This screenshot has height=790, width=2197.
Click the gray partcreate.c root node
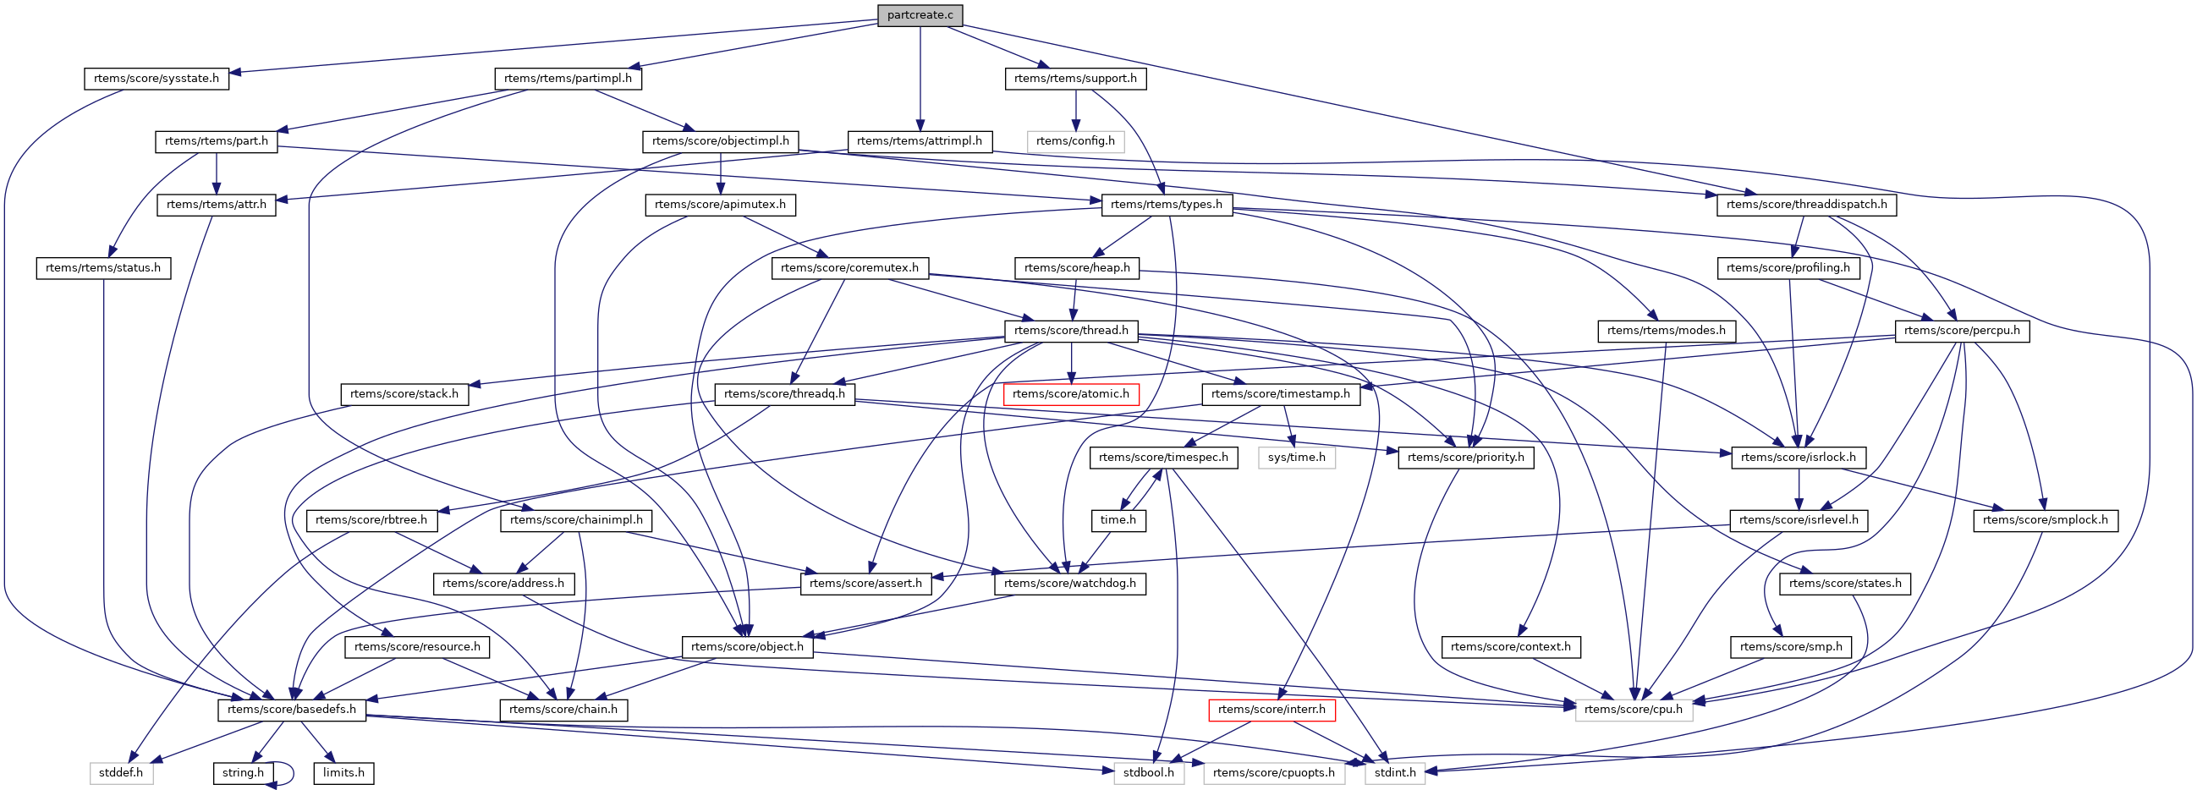(x=920, y=15)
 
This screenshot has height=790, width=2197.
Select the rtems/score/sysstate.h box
(x=156, y=79)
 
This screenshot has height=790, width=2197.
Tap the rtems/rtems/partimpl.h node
(x=567, y=79)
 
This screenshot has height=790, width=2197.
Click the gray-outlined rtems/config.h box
(x=1074, y=140)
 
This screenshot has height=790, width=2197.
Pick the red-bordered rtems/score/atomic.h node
(x=1070, y=394)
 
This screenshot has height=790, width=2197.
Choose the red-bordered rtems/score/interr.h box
(x=1271, y=710)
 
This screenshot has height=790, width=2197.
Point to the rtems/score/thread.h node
(x=1070, y=331)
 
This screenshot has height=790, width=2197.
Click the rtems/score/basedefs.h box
(x=292, y=710)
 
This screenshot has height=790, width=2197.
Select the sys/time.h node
(x=1296, y=458)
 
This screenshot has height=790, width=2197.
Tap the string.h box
(x=243, y=773)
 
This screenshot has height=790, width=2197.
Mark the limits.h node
(x=343, y=773)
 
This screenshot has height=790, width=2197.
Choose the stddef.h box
(x=121, y=773)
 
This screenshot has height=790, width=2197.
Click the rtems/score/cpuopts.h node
(x=1273, y=773)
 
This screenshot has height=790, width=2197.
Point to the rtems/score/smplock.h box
(x=2045, y=520)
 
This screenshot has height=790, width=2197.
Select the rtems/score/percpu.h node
(x=1962, y=331)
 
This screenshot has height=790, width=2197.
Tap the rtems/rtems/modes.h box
(x=1666, y=331)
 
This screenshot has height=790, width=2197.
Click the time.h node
(x=1118, y=520)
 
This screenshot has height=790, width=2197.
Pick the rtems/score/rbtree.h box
(x=371, y=520)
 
